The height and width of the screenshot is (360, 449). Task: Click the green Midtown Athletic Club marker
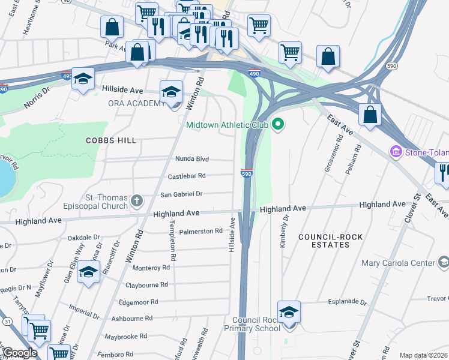click(x=277, y=125)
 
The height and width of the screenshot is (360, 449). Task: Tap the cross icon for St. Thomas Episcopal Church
click(x=137, y=200)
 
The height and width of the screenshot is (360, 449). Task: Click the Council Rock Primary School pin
click(x=289, y=313)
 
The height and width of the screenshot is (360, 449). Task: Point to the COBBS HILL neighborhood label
click(x=110, y=140)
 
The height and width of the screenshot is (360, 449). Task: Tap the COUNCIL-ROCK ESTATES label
click(x=331, y=241)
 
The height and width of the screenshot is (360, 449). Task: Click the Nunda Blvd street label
click(x=191, y=159)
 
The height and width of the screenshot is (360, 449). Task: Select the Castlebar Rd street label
click(x=187, y=176)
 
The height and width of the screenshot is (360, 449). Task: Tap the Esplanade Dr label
click(x=346, y=302)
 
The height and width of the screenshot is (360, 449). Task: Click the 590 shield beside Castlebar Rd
click(x=247, y=173)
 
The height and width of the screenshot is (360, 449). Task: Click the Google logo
click(x=19, y=353)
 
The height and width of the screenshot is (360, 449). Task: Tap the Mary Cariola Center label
click(x=398, y=263)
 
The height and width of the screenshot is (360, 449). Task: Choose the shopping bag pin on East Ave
click(x=370, y=114)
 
